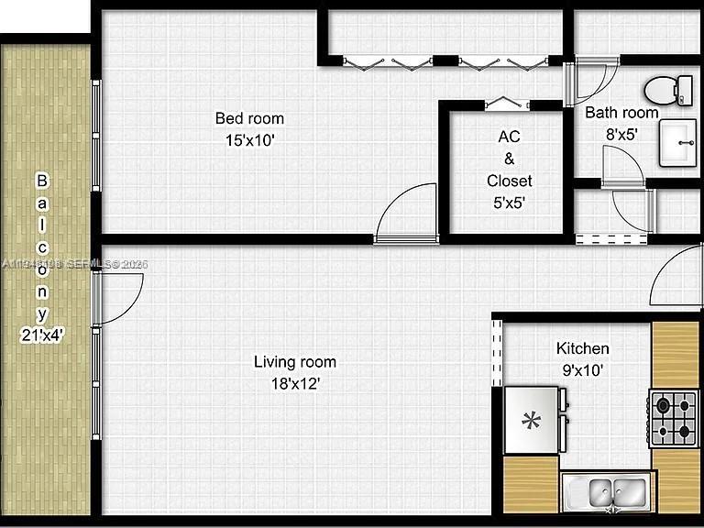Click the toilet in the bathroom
668,90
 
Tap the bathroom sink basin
679,142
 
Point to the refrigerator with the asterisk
532,421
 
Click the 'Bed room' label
249,118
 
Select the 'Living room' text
295,362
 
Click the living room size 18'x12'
295,384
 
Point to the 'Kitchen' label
583,348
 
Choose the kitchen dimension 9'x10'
583,370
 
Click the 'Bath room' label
621,113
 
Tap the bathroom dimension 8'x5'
621,133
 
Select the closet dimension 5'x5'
510,203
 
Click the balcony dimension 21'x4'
41,335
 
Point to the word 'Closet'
510,181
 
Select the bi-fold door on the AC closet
501,103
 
